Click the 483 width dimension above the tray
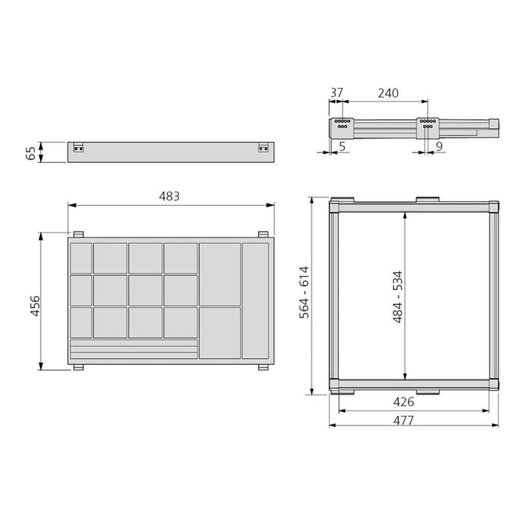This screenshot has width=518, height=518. click(x=169, y=196)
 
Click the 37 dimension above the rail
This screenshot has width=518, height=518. click(x=337, y=93)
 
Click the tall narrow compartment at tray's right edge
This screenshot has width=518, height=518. click(x=256, y=300)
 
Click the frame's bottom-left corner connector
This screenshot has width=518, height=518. click(x=335, y=384)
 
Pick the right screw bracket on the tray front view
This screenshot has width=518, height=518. click(x=263, y=149)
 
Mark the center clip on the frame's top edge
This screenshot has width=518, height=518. click(x=425, y=201)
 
